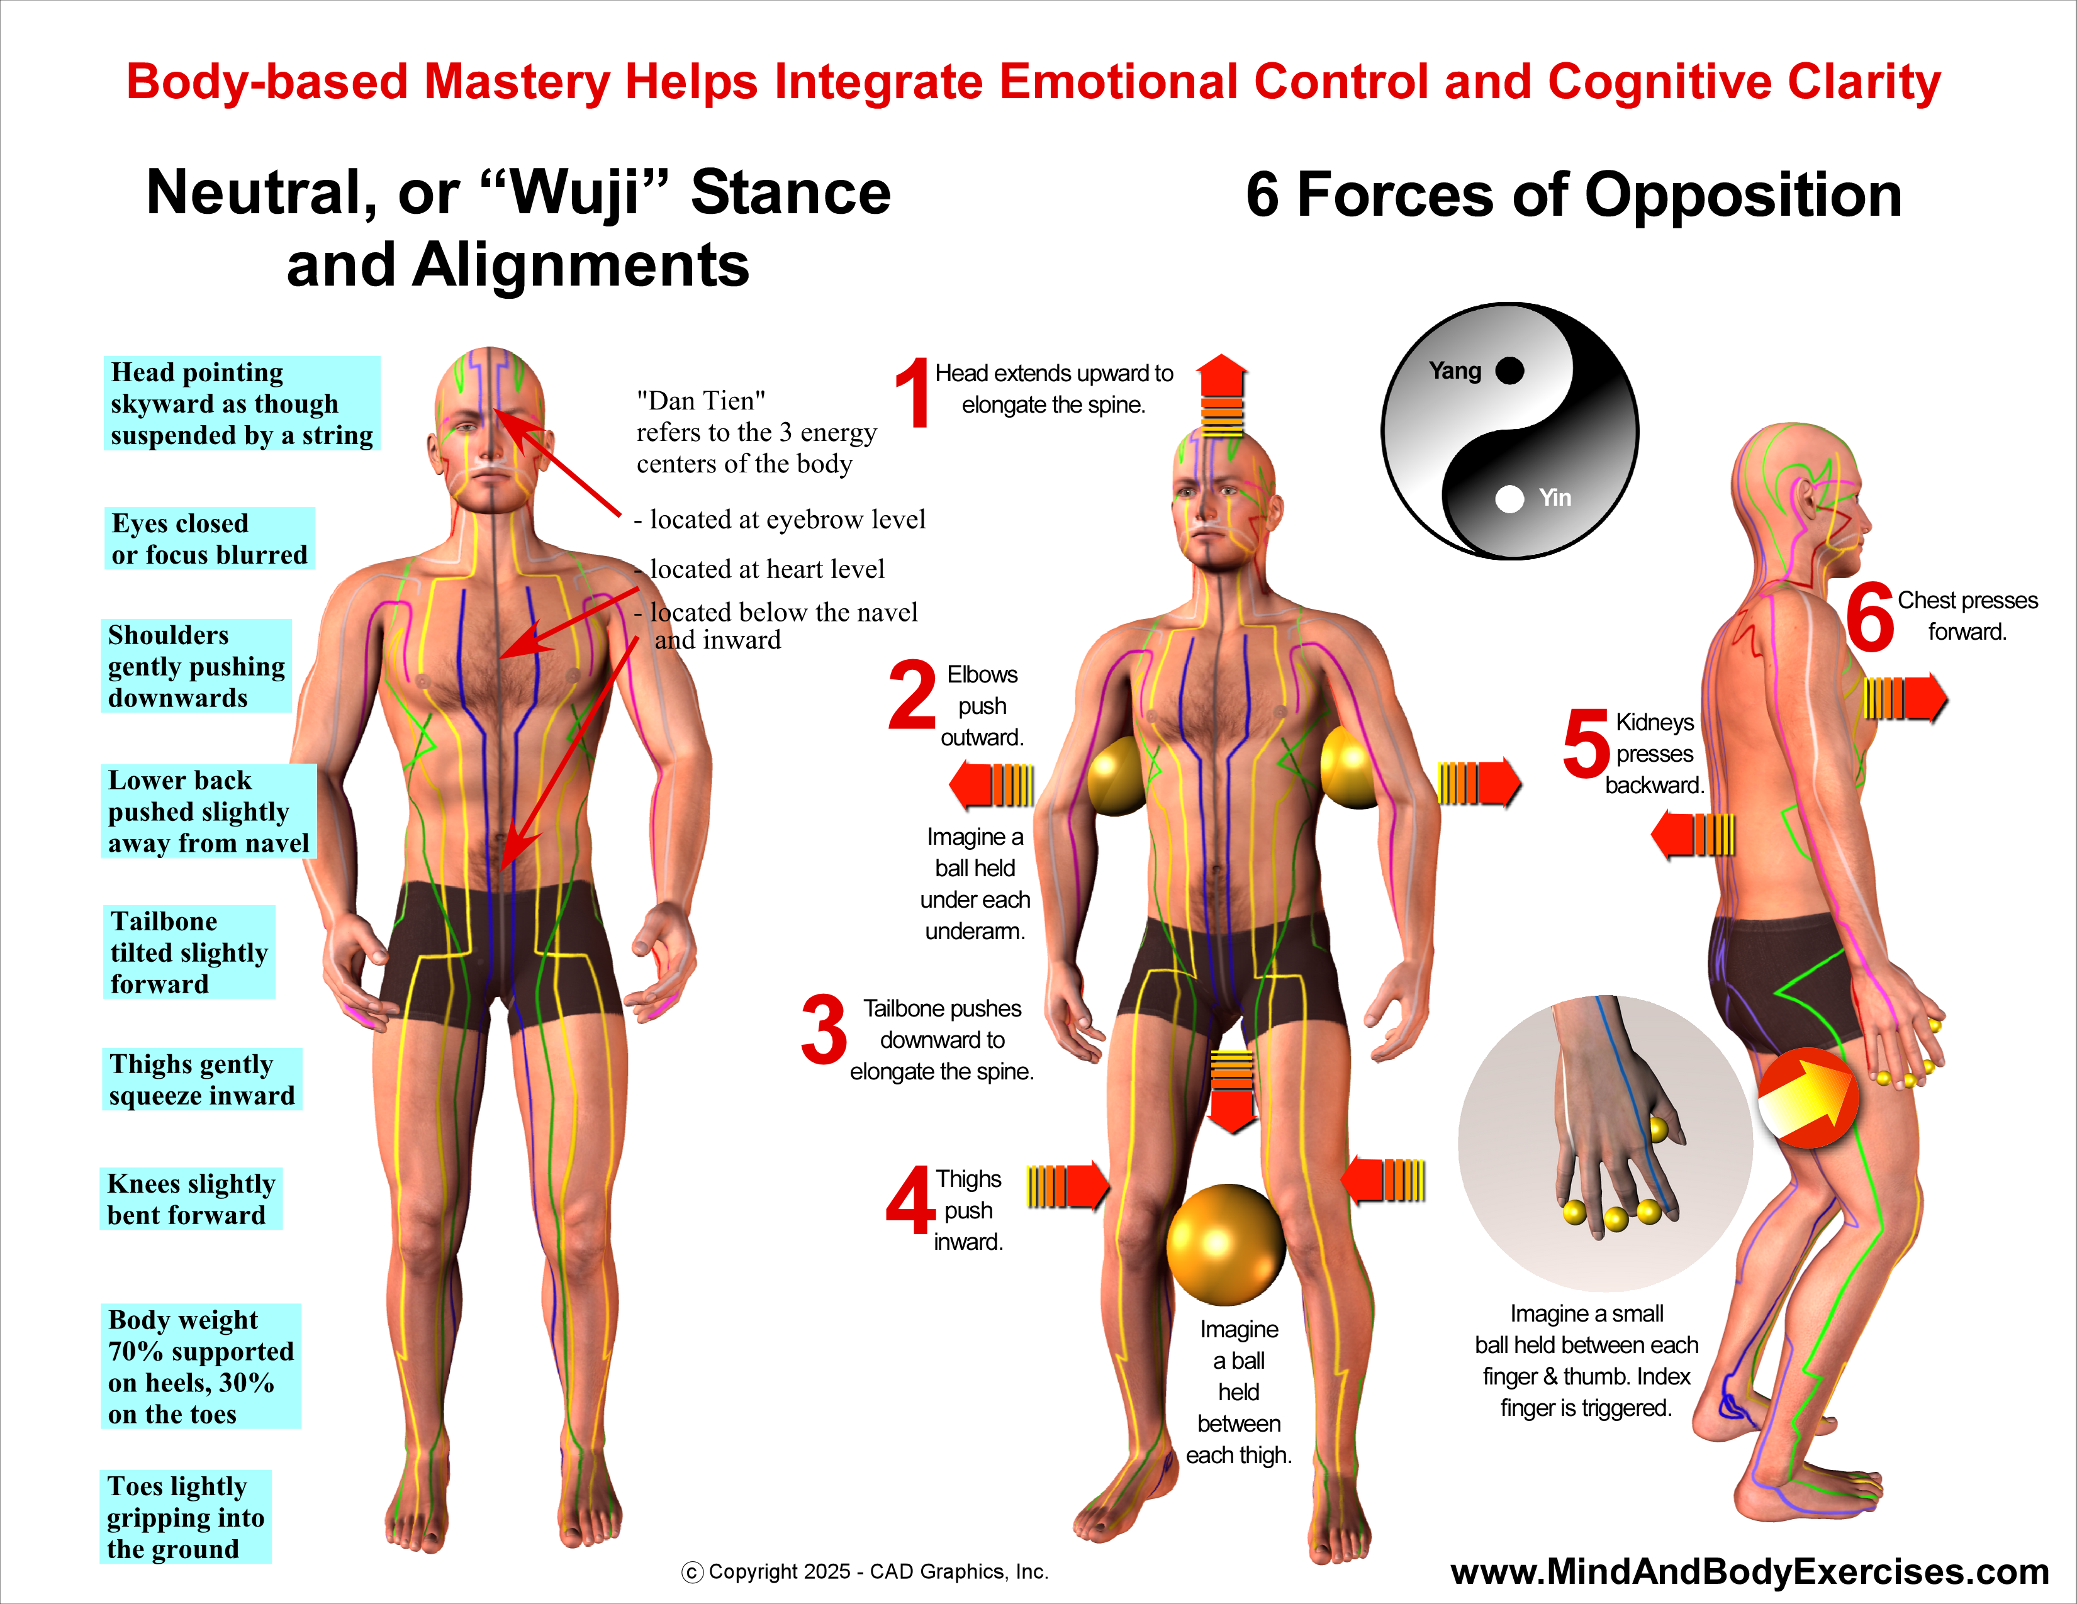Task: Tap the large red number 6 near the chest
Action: click(1870, 618)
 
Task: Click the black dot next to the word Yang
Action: click(1509, 371)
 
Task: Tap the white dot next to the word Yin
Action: click(1509, 498)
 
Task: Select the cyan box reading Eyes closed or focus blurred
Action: click(210, 539)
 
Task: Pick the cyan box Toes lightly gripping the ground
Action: click(186, 1517)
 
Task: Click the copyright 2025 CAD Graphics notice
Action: click(865, 1572)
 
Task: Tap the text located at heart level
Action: click(766, 569)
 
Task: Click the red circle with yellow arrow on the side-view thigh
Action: click(1808, 1098)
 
